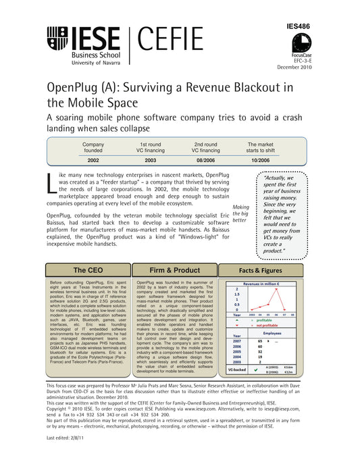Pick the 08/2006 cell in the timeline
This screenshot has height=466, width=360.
coord(206,161)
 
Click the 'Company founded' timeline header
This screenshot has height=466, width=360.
coord(93,149)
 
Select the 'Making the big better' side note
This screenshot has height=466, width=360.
coord(239,213)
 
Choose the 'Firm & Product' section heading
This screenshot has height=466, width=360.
coord(174,270)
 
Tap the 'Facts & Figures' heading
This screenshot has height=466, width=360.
coord(261,270)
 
